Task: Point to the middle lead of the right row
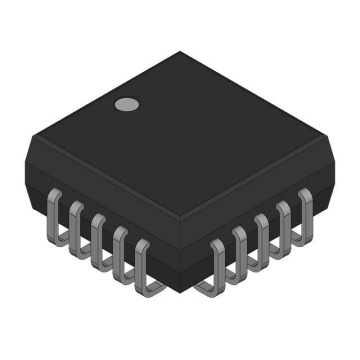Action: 263,238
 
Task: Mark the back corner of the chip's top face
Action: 181,53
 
